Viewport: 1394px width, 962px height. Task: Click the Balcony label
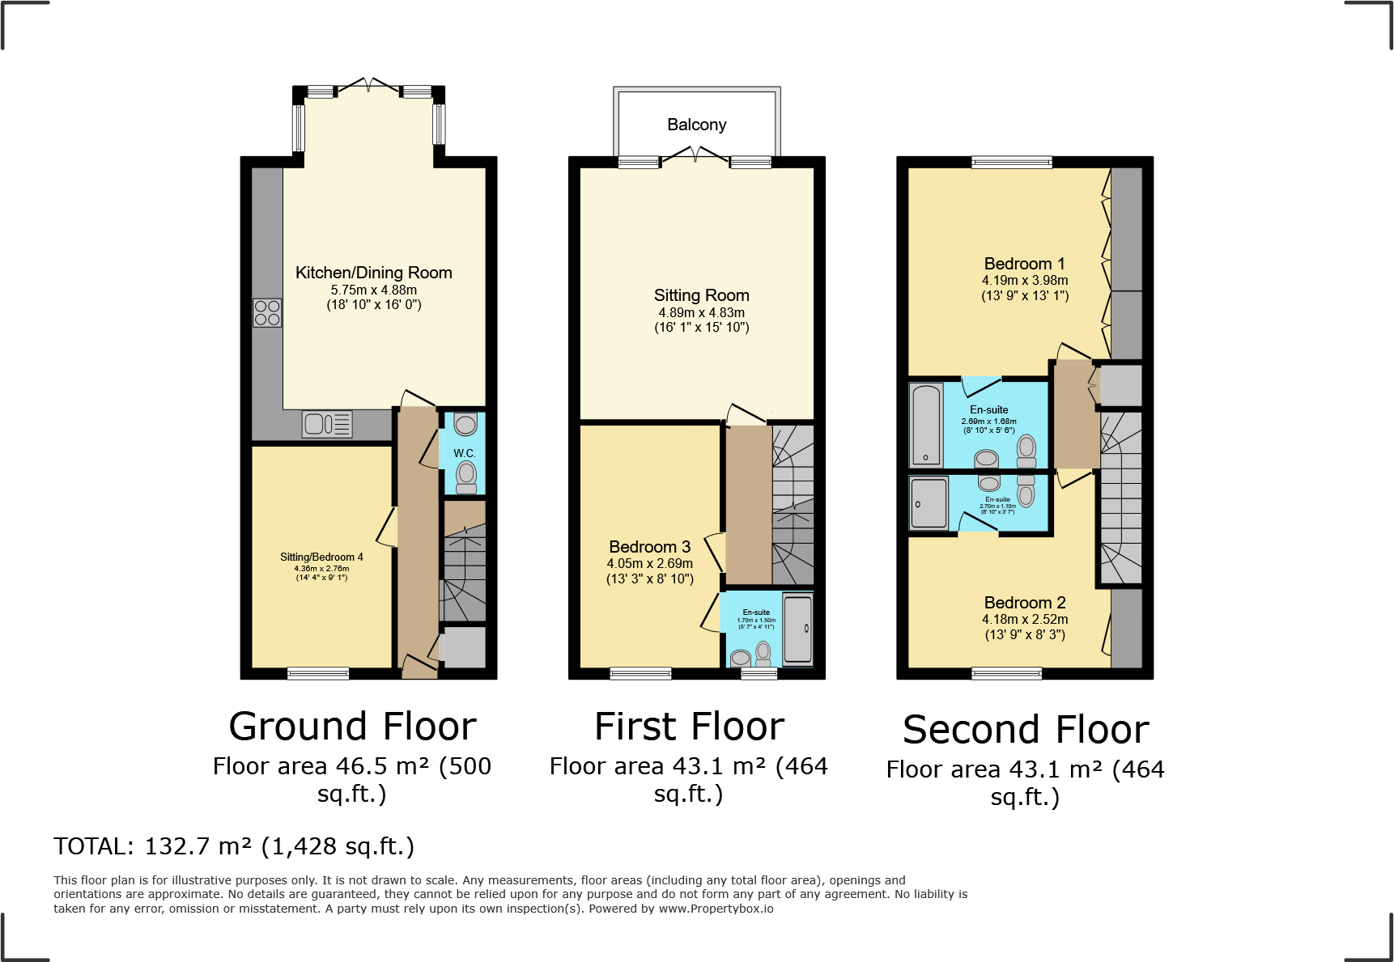[x=696, y=125]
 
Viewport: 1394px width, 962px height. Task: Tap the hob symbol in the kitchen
[x=267, y=312]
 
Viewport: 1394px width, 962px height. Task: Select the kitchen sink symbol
[x=327, y=424]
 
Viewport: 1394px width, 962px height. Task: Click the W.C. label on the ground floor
[x=464, y=453]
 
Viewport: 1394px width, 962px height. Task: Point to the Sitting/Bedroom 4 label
[x=321, y=557]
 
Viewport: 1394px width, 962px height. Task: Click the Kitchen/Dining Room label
[x=373, y=273]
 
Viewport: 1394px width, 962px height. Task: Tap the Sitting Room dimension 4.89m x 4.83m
[x=701, y=312]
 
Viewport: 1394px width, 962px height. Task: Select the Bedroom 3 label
[x=649, y=547]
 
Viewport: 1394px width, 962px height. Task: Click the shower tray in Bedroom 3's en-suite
[x=797, y=629]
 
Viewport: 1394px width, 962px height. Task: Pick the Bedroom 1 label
[x=1024, y=264]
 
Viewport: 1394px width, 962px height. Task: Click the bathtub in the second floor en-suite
[x=926, y=426]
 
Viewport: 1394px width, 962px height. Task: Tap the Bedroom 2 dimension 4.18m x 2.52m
[x=1025, y=619]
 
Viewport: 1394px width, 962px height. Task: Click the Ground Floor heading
[x=352, y=726]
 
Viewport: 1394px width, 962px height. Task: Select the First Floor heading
[x=689, y=726]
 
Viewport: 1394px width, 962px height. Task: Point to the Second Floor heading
[x=1026, y=729]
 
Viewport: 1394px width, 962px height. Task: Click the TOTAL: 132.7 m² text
[x=234, y=846]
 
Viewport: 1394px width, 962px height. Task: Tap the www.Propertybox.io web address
[x=716, y=909]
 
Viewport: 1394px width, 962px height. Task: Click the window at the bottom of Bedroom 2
[x=1006, y=673]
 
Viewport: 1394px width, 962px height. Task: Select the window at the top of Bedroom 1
[x=1011, y=163]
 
